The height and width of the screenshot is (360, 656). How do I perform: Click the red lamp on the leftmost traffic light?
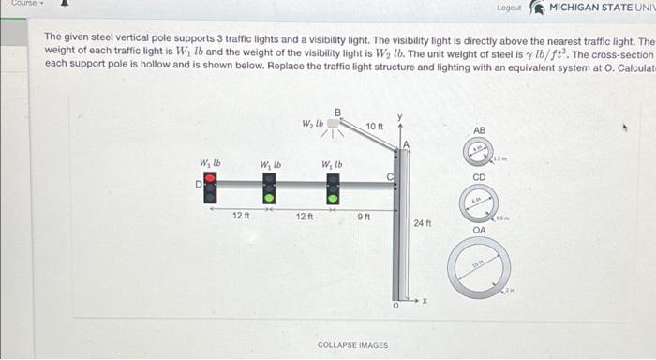[x=210, y=176]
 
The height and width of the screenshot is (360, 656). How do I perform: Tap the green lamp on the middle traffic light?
[x=269, y=197]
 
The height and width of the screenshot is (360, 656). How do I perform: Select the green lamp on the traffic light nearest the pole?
[x=333, y=197]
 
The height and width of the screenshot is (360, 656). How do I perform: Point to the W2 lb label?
[x=312, y=124]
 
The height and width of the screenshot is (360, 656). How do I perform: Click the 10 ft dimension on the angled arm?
[x=374, y=126]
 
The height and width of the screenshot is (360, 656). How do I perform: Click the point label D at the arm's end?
[x=198, y=185]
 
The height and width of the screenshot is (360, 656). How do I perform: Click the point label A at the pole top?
[x=406, y=142]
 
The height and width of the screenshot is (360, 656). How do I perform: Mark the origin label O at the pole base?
[x=395, y=306]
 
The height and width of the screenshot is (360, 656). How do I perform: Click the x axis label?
[x=424, y=301]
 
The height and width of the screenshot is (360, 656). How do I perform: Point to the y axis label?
[x=398, y=117]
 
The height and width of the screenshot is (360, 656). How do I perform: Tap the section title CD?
[x=479, y=176]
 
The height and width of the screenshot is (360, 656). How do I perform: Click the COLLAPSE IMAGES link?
[x=352, y=344]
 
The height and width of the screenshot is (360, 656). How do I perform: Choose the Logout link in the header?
[x=509, y=7]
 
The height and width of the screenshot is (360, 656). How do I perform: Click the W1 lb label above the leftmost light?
[x=210, y=163]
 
